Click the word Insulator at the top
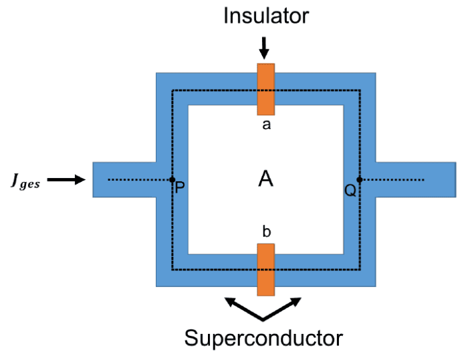(265, 15)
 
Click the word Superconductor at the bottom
(264, 337)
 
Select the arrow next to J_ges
(67, 179)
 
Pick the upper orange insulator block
(265, 89)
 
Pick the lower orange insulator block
(265, 269)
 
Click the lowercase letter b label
(266, 232)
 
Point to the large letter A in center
(266, 179)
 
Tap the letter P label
(179, 189)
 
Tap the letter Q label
(350, 189)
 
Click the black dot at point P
(172, 179)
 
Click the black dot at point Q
(360, 179)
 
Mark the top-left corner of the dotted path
(172, 90)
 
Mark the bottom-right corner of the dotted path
(360, 270)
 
